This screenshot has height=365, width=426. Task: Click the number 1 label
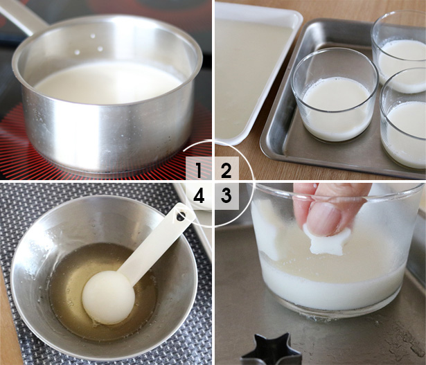tap(199, 170)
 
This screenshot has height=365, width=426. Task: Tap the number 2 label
tap(226, 170)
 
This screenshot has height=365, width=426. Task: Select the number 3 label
tap(226, 195)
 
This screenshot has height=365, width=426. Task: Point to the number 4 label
tap(199, 196)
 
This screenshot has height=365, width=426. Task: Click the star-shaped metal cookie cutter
tap(272, 350)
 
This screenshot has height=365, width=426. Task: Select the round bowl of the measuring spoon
tap(109, 297)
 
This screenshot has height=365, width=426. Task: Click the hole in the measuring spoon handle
tap(181, 216)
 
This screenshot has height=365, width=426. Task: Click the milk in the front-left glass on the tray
tap(336, 107)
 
